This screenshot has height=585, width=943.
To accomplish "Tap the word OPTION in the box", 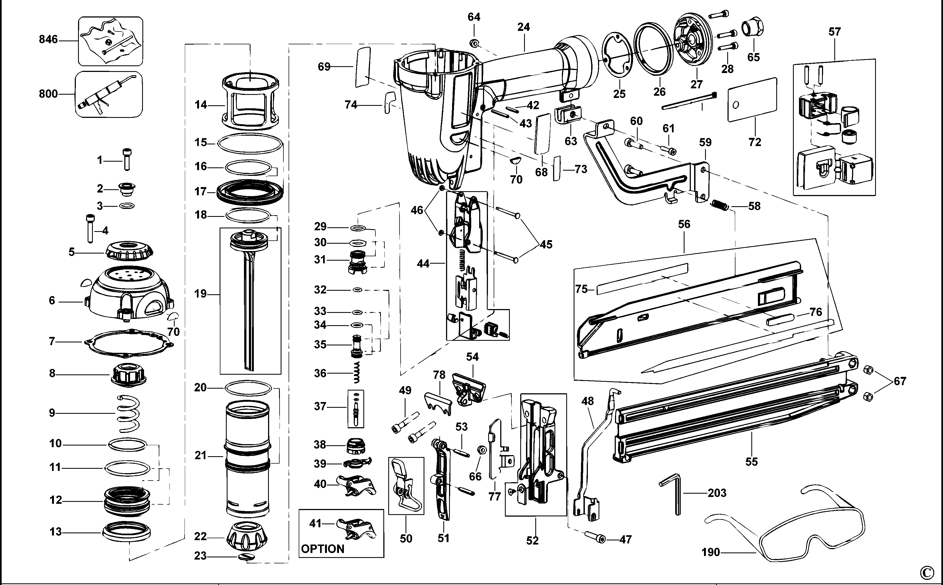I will click(322, 549).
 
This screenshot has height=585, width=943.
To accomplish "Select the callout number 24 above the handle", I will click(523, 27).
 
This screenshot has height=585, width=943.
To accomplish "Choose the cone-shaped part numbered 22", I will click(247, 535).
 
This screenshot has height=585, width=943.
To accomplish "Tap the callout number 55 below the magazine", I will click(751, 462).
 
